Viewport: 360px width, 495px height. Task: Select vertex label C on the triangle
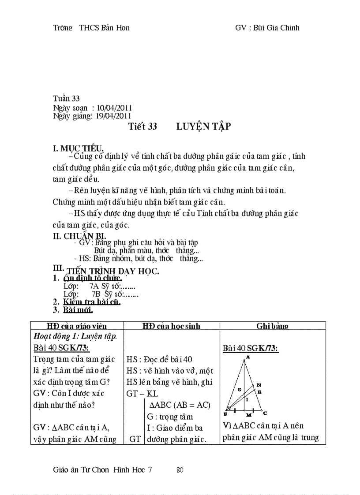[x=265, y=413]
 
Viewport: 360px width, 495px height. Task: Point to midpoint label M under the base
[x=249, y=415]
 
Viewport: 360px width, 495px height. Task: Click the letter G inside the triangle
[x=239, y=390]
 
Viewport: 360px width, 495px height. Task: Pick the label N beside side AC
[x=259, y=385]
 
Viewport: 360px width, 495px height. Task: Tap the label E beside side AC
[x=259, y=391]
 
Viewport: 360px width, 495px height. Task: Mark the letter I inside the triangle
[x=247, y=400]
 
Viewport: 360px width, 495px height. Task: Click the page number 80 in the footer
[x=180, y=470]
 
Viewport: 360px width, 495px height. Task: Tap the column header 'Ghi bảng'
[x=272, y=326]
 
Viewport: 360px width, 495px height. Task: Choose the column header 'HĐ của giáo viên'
[x=77, y=326]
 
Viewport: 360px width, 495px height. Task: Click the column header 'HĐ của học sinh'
[x=171, y=326]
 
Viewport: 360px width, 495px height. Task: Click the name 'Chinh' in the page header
[x=289, y=28]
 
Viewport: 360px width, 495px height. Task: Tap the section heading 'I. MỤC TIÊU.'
[x=79, y=149]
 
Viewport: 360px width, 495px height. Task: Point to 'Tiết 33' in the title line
[x=142, y=127]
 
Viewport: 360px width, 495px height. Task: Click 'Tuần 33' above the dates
[x=66, y=99]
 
